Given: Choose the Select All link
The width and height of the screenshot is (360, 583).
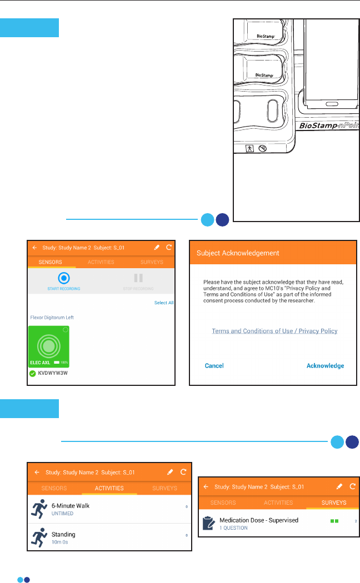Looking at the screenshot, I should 164,303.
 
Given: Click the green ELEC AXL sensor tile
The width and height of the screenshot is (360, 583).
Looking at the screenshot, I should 49,346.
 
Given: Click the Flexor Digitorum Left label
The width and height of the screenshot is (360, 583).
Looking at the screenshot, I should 52,318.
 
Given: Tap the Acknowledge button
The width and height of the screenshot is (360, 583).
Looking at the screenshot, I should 325,366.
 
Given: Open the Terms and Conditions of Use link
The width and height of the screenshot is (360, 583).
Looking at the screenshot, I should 274,331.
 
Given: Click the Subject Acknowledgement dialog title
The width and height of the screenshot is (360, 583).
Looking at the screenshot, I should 238,253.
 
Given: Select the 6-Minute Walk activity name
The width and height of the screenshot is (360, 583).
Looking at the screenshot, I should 70,506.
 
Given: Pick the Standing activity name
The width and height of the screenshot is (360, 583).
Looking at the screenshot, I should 63,534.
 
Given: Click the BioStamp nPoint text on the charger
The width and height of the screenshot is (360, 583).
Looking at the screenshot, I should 329,127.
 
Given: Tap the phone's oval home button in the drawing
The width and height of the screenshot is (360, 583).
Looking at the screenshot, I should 332,104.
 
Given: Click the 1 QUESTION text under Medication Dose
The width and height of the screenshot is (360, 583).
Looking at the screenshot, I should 233,528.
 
